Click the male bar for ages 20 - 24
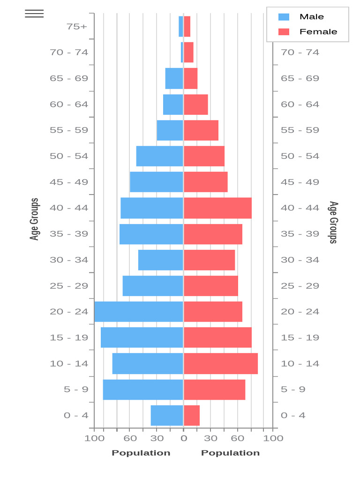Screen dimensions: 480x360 click(138, 312)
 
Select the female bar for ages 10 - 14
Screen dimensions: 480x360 click(221, 363)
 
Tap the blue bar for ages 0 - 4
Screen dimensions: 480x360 click(167, 415)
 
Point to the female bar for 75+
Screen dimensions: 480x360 click(187, 26)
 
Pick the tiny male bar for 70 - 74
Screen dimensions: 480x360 click(182, 52)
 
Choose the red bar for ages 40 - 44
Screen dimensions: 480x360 click(217, 208)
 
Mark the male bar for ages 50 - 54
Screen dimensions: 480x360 click(159, 156)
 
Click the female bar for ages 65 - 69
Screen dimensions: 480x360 click(191, 78)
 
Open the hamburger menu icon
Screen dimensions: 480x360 click(34, 14)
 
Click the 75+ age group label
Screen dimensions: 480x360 click(77, 27)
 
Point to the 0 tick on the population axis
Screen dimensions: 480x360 click(184, 438)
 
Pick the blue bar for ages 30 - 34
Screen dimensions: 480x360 click(160, 260)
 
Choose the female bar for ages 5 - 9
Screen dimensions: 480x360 click(215, 390)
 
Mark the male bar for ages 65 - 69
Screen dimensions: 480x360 click(174, 78)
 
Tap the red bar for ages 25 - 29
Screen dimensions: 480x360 click(211, 286)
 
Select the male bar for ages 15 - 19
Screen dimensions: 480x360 click(142, 337)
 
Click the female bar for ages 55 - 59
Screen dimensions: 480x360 click(201, 130)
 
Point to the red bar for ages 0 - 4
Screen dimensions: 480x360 click(192, 415)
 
